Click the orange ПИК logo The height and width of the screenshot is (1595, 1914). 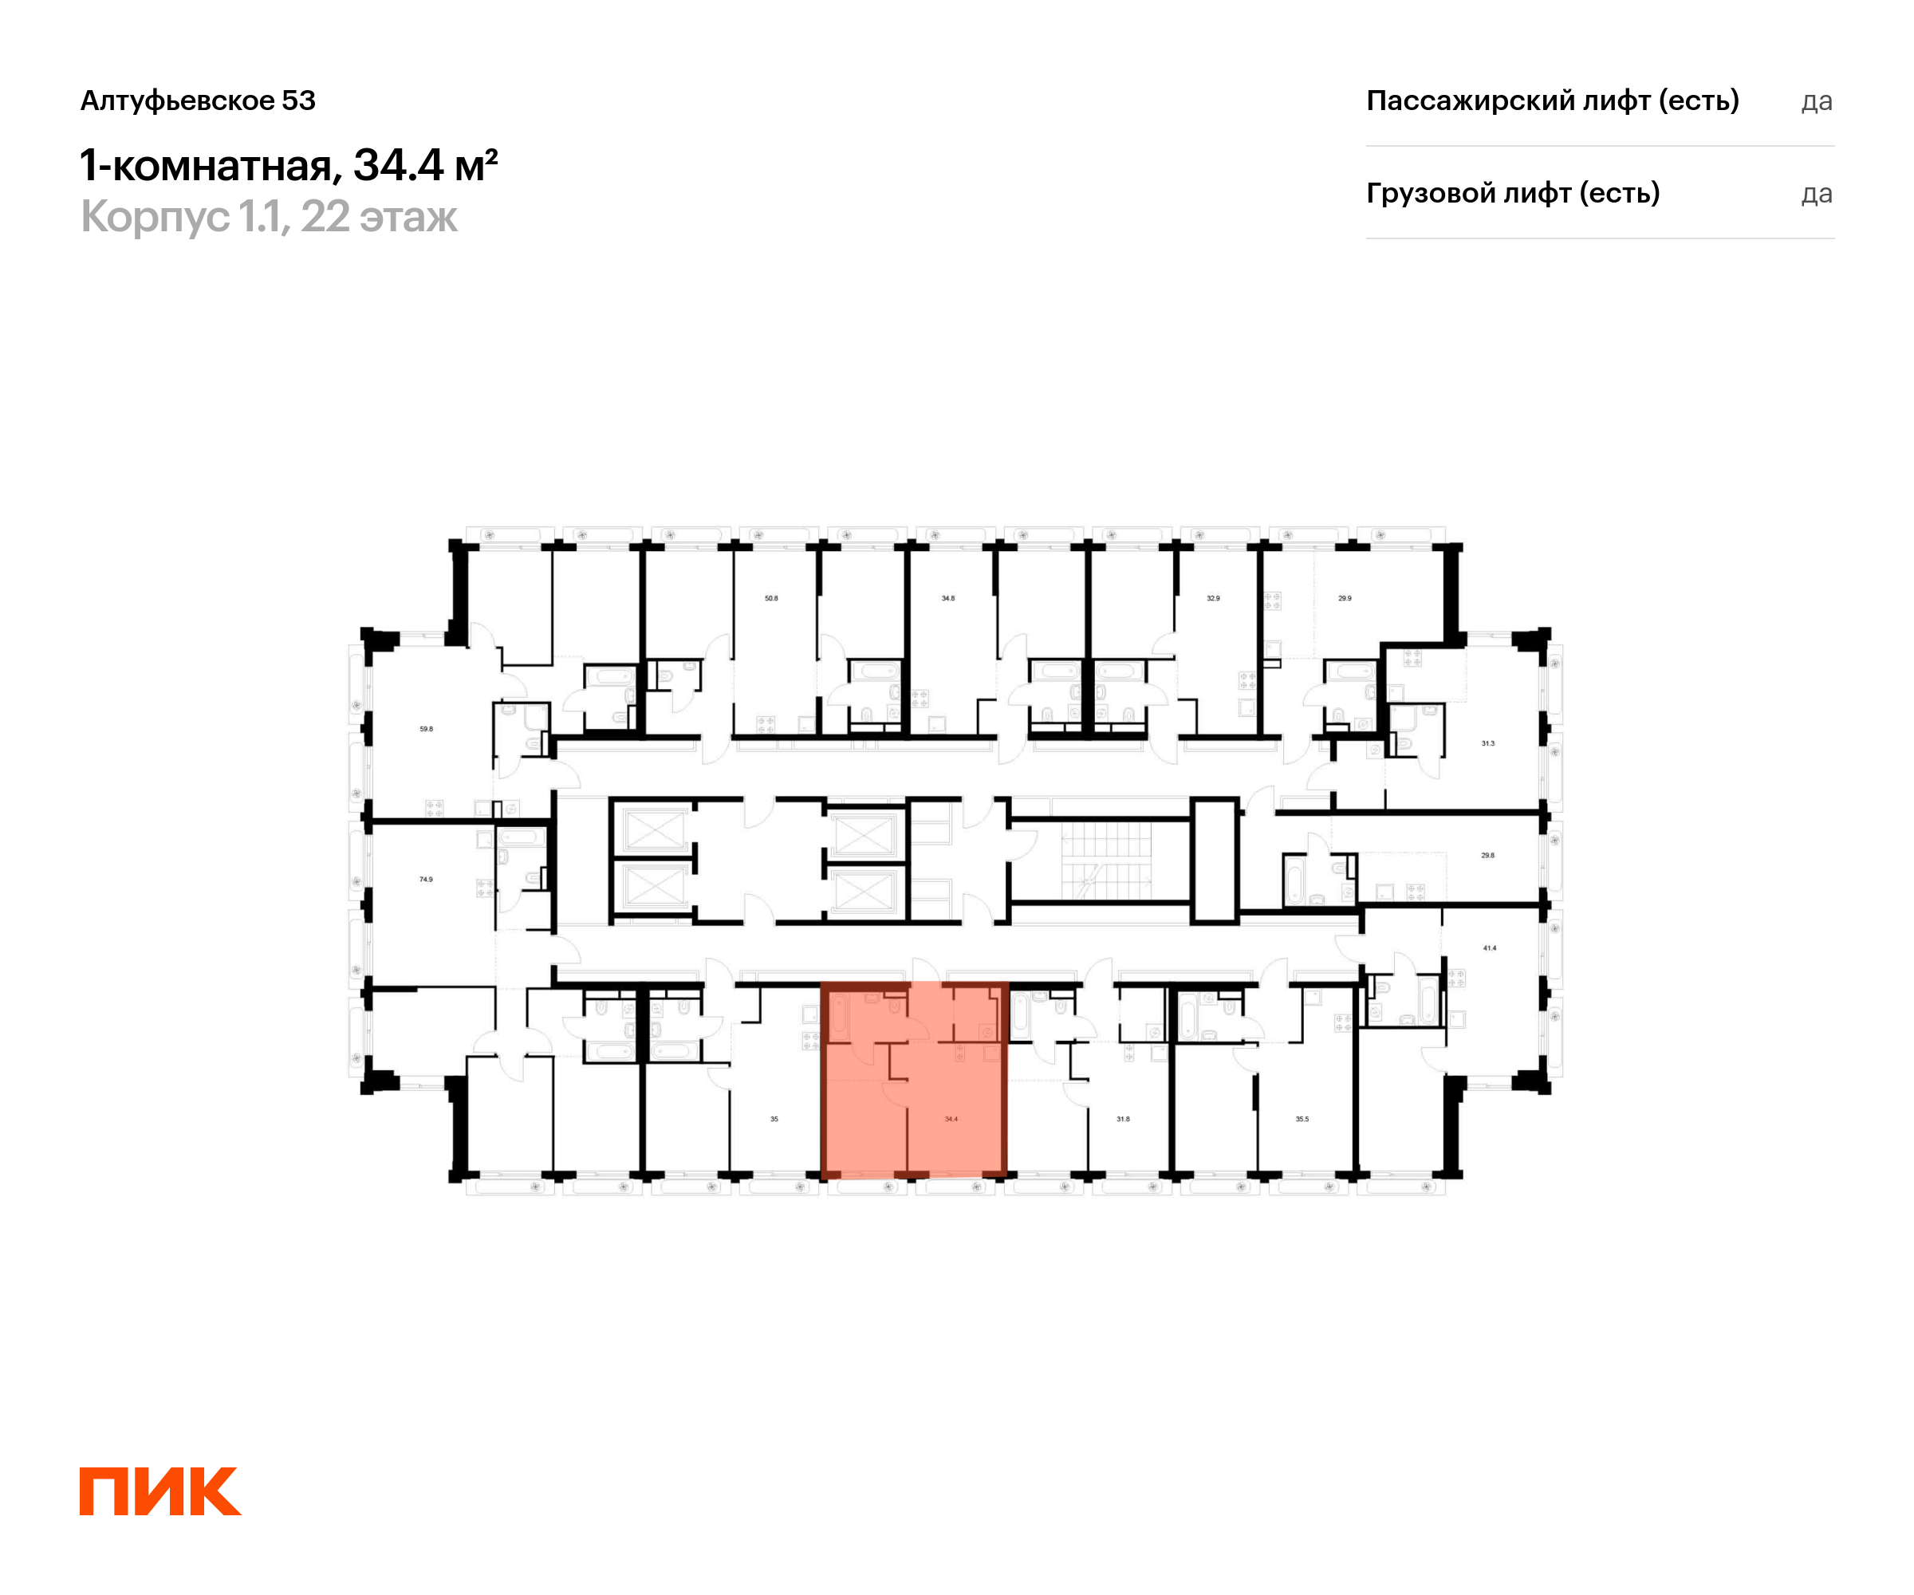click(x=160, y=1491)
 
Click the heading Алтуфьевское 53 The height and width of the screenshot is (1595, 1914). click(x=198, y=100)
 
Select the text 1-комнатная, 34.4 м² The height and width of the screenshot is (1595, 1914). click(x=289, y=166)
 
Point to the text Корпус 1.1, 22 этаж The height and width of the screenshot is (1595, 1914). click(x=269, y=217)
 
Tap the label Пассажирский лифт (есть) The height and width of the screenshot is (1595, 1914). click(x=1552, y=100)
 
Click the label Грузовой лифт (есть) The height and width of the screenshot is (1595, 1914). click(x=1513, y=193)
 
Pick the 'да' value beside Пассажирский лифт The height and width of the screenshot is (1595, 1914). click(x=1817, y=101)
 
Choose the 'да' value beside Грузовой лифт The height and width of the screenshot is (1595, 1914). click(x=1817, y=194)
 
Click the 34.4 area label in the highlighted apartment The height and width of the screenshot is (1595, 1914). click(x=951, y=1119)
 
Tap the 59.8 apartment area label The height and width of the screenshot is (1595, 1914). click(x=427, y=729)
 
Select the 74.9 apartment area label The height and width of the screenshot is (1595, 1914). click(x=426, y=880)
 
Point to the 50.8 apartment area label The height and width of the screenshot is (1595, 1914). click(x=771, y=599)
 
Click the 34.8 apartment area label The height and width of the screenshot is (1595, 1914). click(x=948, y=599)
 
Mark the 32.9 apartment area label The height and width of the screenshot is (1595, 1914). click(x=1213, y=599)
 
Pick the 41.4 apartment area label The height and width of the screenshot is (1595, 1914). click(x=1489, y=948)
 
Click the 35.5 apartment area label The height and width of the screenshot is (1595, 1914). click(x=1302, y=1119)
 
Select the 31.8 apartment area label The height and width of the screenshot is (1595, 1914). click(x=1123, y=1119)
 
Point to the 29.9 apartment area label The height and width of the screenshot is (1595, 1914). click(x=1345, y=599)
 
